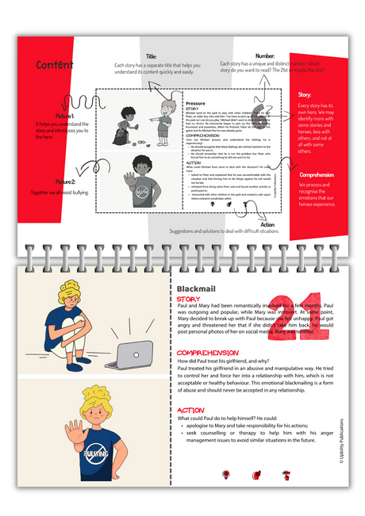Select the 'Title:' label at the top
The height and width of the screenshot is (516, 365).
pos(152,56)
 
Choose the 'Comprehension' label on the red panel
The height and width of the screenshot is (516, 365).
pos(317,174)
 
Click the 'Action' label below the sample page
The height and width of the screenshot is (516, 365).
pos(267,225)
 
